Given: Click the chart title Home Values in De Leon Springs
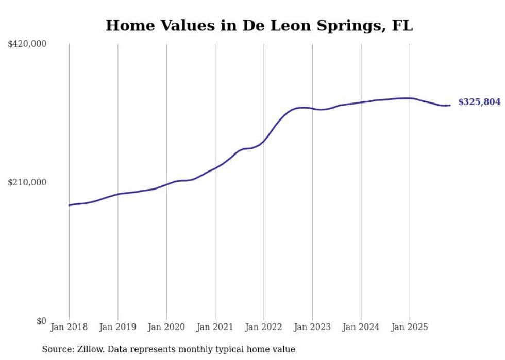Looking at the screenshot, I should click(259, 26).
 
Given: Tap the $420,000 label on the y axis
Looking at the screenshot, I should click(27, 44).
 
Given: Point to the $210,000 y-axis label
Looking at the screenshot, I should click(27, 182).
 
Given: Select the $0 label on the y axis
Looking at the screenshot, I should click(41, 321).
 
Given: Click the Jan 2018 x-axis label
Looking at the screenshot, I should click(69, 327).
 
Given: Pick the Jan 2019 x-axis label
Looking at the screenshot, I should click(117, 327).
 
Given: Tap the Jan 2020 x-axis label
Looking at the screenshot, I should click(166, 327).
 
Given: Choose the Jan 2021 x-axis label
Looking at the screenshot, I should click(215, 327).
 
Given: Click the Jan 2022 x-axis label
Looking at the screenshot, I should click(264, 327).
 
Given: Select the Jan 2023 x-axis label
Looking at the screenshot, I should click(312, 327).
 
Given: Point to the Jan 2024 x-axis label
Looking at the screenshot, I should click(361, 327).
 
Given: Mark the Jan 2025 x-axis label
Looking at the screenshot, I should click(410, 327).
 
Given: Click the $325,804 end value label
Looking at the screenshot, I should click(479, 102).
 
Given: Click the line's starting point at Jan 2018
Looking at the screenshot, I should click(69, 205).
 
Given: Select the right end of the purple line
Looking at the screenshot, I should click(450, 105).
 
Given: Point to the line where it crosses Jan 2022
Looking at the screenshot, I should click(264, 140).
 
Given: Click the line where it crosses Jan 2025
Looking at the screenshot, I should click(410, 98).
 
